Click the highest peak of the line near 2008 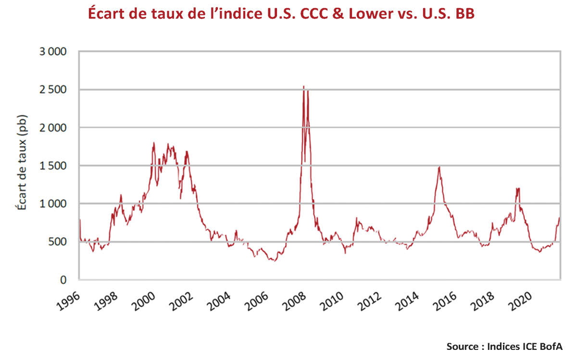click(x=303, y=87)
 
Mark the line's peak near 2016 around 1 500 click(x=439, y=167)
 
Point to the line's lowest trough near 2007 click(x=275, y=261)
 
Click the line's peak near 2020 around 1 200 click(x=518, y=188)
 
